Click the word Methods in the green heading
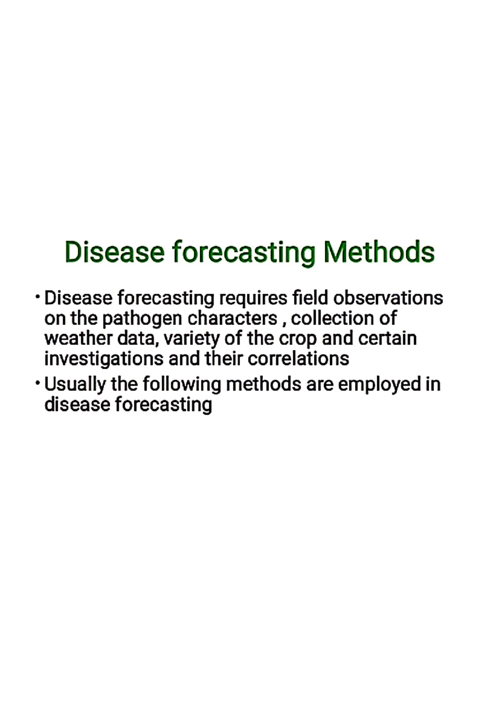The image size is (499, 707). [x=379, y=252]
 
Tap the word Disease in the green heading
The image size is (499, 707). [x=114, y=252]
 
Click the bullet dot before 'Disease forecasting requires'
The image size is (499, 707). [x=38, y=297]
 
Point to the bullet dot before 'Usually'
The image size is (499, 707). [x=38, y=383]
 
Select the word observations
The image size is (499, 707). [x=388, y=298]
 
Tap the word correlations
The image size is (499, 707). [x=298, y=359]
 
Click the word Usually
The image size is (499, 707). [x=75, y=385]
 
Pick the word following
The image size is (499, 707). [x=182, y=385]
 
